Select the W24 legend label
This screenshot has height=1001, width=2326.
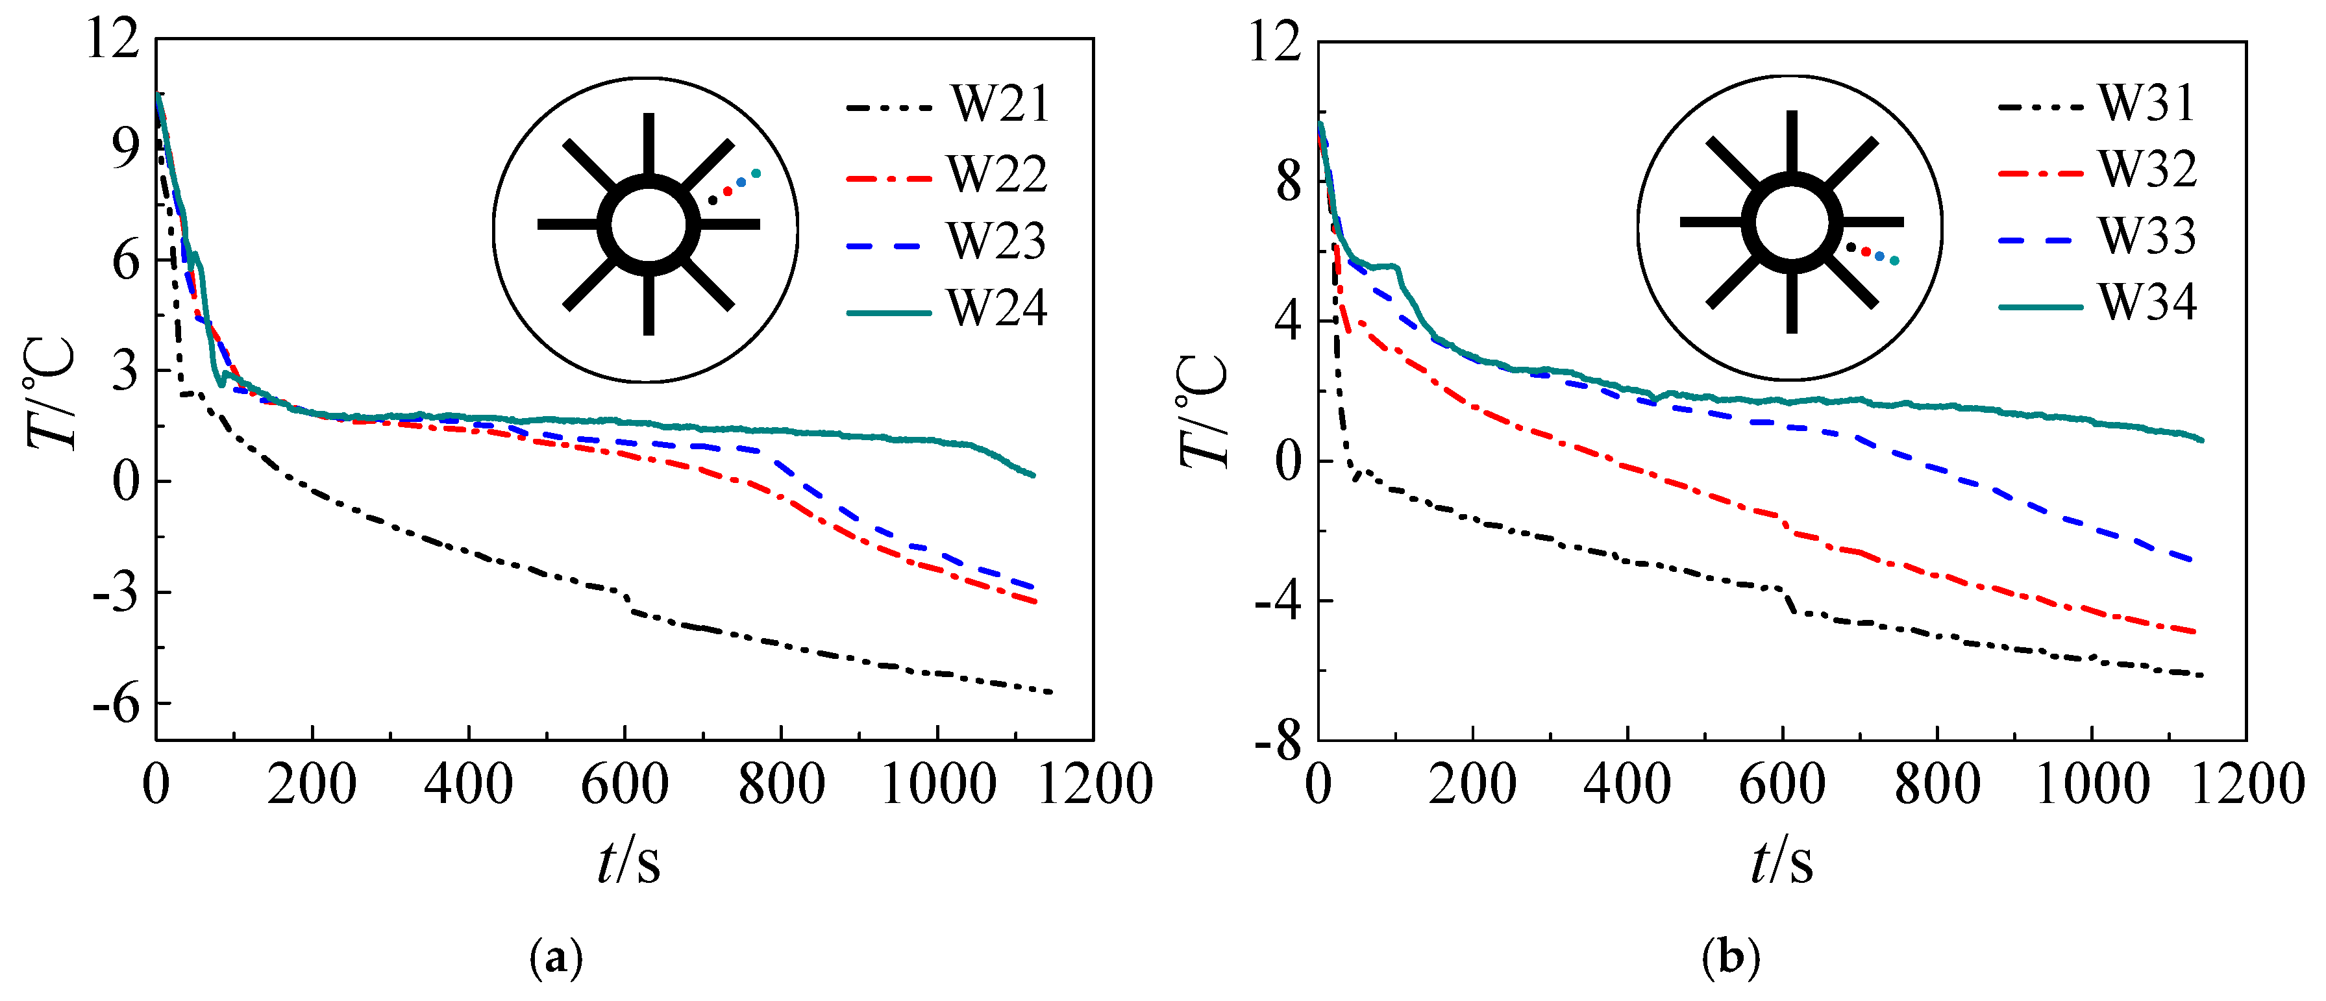[x=997, y=309]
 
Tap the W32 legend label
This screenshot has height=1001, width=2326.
[x=2147, y=169]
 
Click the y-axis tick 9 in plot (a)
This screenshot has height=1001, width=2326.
[x=127, y=149]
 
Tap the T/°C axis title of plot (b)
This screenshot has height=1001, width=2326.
[x=1204, y=411]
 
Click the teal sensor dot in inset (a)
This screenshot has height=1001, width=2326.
[x=756, y=173]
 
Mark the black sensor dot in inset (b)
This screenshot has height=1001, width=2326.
[x=1850, y=247]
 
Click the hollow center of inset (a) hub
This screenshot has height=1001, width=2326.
[x=649, y=225]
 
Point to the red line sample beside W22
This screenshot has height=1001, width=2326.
[x=889, y=179]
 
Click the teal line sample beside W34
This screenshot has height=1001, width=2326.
[x=2040, y=307]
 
